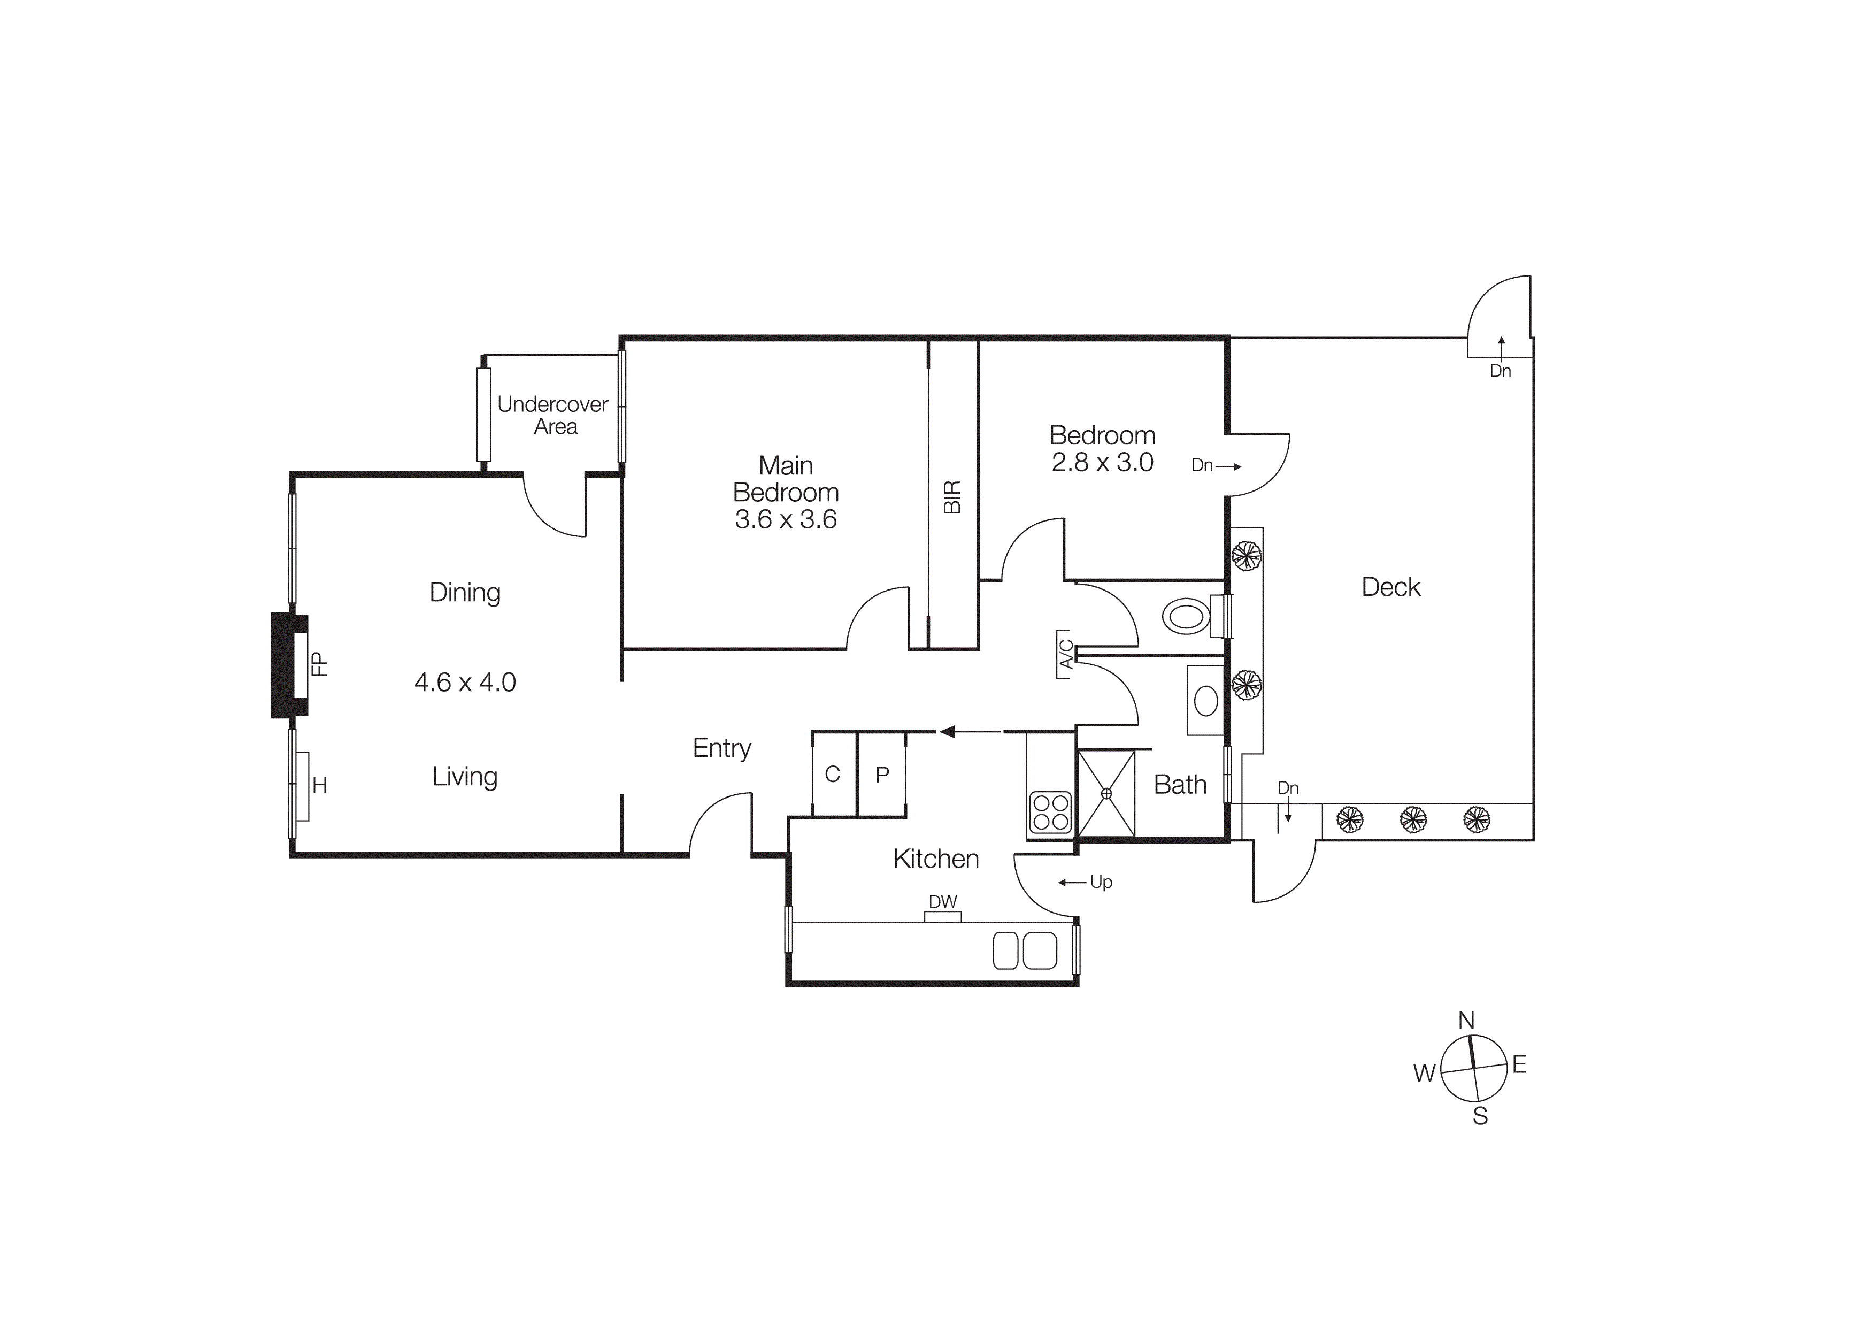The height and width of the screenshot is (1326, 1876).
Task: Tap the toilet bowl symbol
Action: (x=1186, y=616)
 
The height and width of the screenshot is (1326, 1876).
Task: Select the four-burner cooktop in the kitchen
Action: (x=1051, y=811)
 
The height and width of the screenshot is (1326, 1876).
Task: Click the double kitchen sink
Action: (x=1025, y=950)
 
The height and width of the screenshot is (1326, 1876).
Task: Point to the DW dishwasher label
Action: (x=943, y=902)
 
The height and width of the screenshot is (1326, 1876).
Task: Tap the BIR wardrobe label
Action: (x=952, y=497)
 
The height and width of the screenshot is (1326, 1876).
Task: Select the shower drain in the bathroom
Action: (x=1106, y=793)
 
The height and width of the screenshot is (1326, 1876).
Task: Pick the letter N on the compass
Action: (x=1467, y=1021)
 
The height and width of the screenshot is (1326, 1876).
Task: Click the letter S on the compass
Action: (x=1480, y=1116)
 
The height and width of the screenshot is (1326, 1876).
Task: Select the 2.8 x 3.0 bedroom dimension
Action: (x=1102, y=463)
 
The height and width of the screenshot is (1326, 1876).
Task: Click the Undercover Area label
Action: (x=553, y=415)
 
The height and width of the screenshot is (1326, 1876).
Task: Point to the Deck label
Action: (x=1390, y=587)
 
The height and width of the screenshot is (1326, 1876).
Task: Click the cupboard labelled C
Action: (x=833, y=775)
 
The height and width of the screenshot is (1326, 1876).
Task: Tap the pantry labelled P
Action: (x=882, y=775)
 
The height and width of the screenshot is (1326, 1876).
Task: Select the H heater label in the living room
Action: (x=319, y=785)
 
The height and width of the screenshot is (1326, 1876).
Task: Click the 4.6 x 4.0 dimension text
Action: (x=465, y=682)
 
